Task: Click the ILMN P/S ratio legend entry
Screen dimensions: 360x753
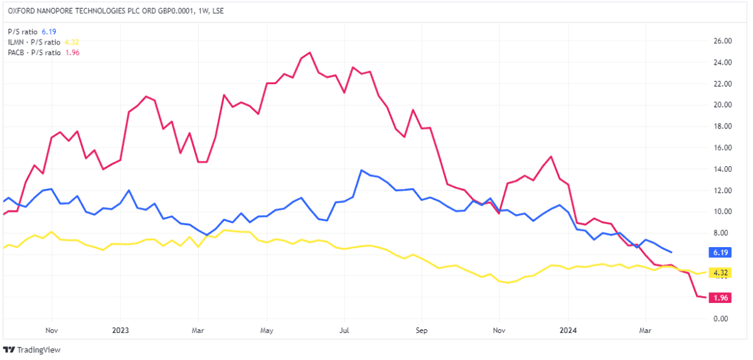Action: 43,42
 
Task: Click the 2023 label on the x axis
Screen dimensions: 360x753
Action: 120,330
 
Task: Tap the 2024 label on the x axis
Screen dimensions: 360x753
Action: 569,330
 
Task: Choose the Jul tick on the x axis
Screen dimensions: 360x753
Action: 344,330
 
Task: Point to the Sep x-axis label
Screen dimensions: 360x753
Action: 422,330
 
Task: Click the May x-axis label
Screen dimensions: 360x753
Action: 267,330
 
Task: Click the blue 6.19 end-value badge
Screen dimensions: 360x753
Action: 718,252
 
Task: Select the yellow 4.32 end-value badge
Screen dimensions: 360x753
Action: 718,273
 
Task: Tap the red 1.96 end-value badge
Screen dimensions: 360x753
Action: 718,298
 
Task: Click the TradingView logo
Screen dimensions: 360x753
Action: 32,350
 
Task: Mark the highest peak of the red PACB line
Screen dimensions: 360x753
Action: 310,53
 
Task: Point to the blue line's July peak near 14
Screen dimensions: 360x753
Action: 361,170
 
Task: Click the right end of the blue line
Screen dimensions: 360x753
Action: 672,252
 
